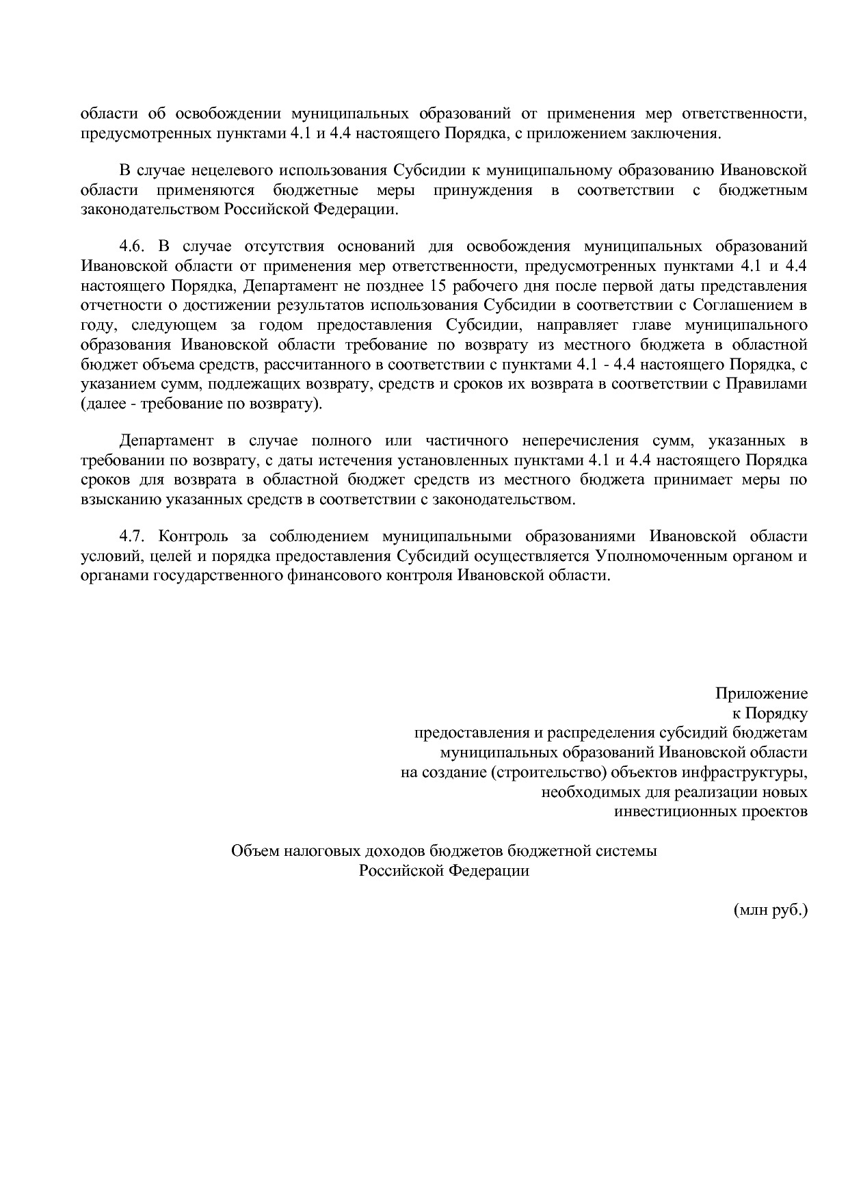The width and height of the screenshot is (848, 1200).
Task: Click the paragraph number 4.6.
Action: (135, 246)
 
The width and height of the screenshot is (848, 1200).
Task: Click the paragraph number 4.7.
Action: (135, 536)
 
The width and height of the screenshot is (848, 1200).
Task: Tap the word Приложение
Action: (761, 694)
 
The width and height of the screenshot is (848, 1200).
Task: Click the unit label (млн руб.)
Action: (770, 911)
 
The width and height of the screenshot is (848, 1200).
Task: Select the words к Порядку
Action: (769, 714)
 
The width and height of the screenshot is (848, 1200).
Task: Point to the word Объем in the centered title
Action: (254, 851)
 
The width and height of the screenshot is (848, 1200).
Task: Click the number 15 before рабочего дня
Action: (431, 285)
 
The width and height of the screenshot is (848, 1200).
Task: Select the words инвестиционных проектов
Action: (711, 812)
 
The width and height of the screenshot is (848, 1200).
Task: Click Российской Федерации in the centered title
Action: (445, 871)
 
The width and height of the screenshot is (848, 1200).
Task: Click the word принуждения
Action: (488, 190)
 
